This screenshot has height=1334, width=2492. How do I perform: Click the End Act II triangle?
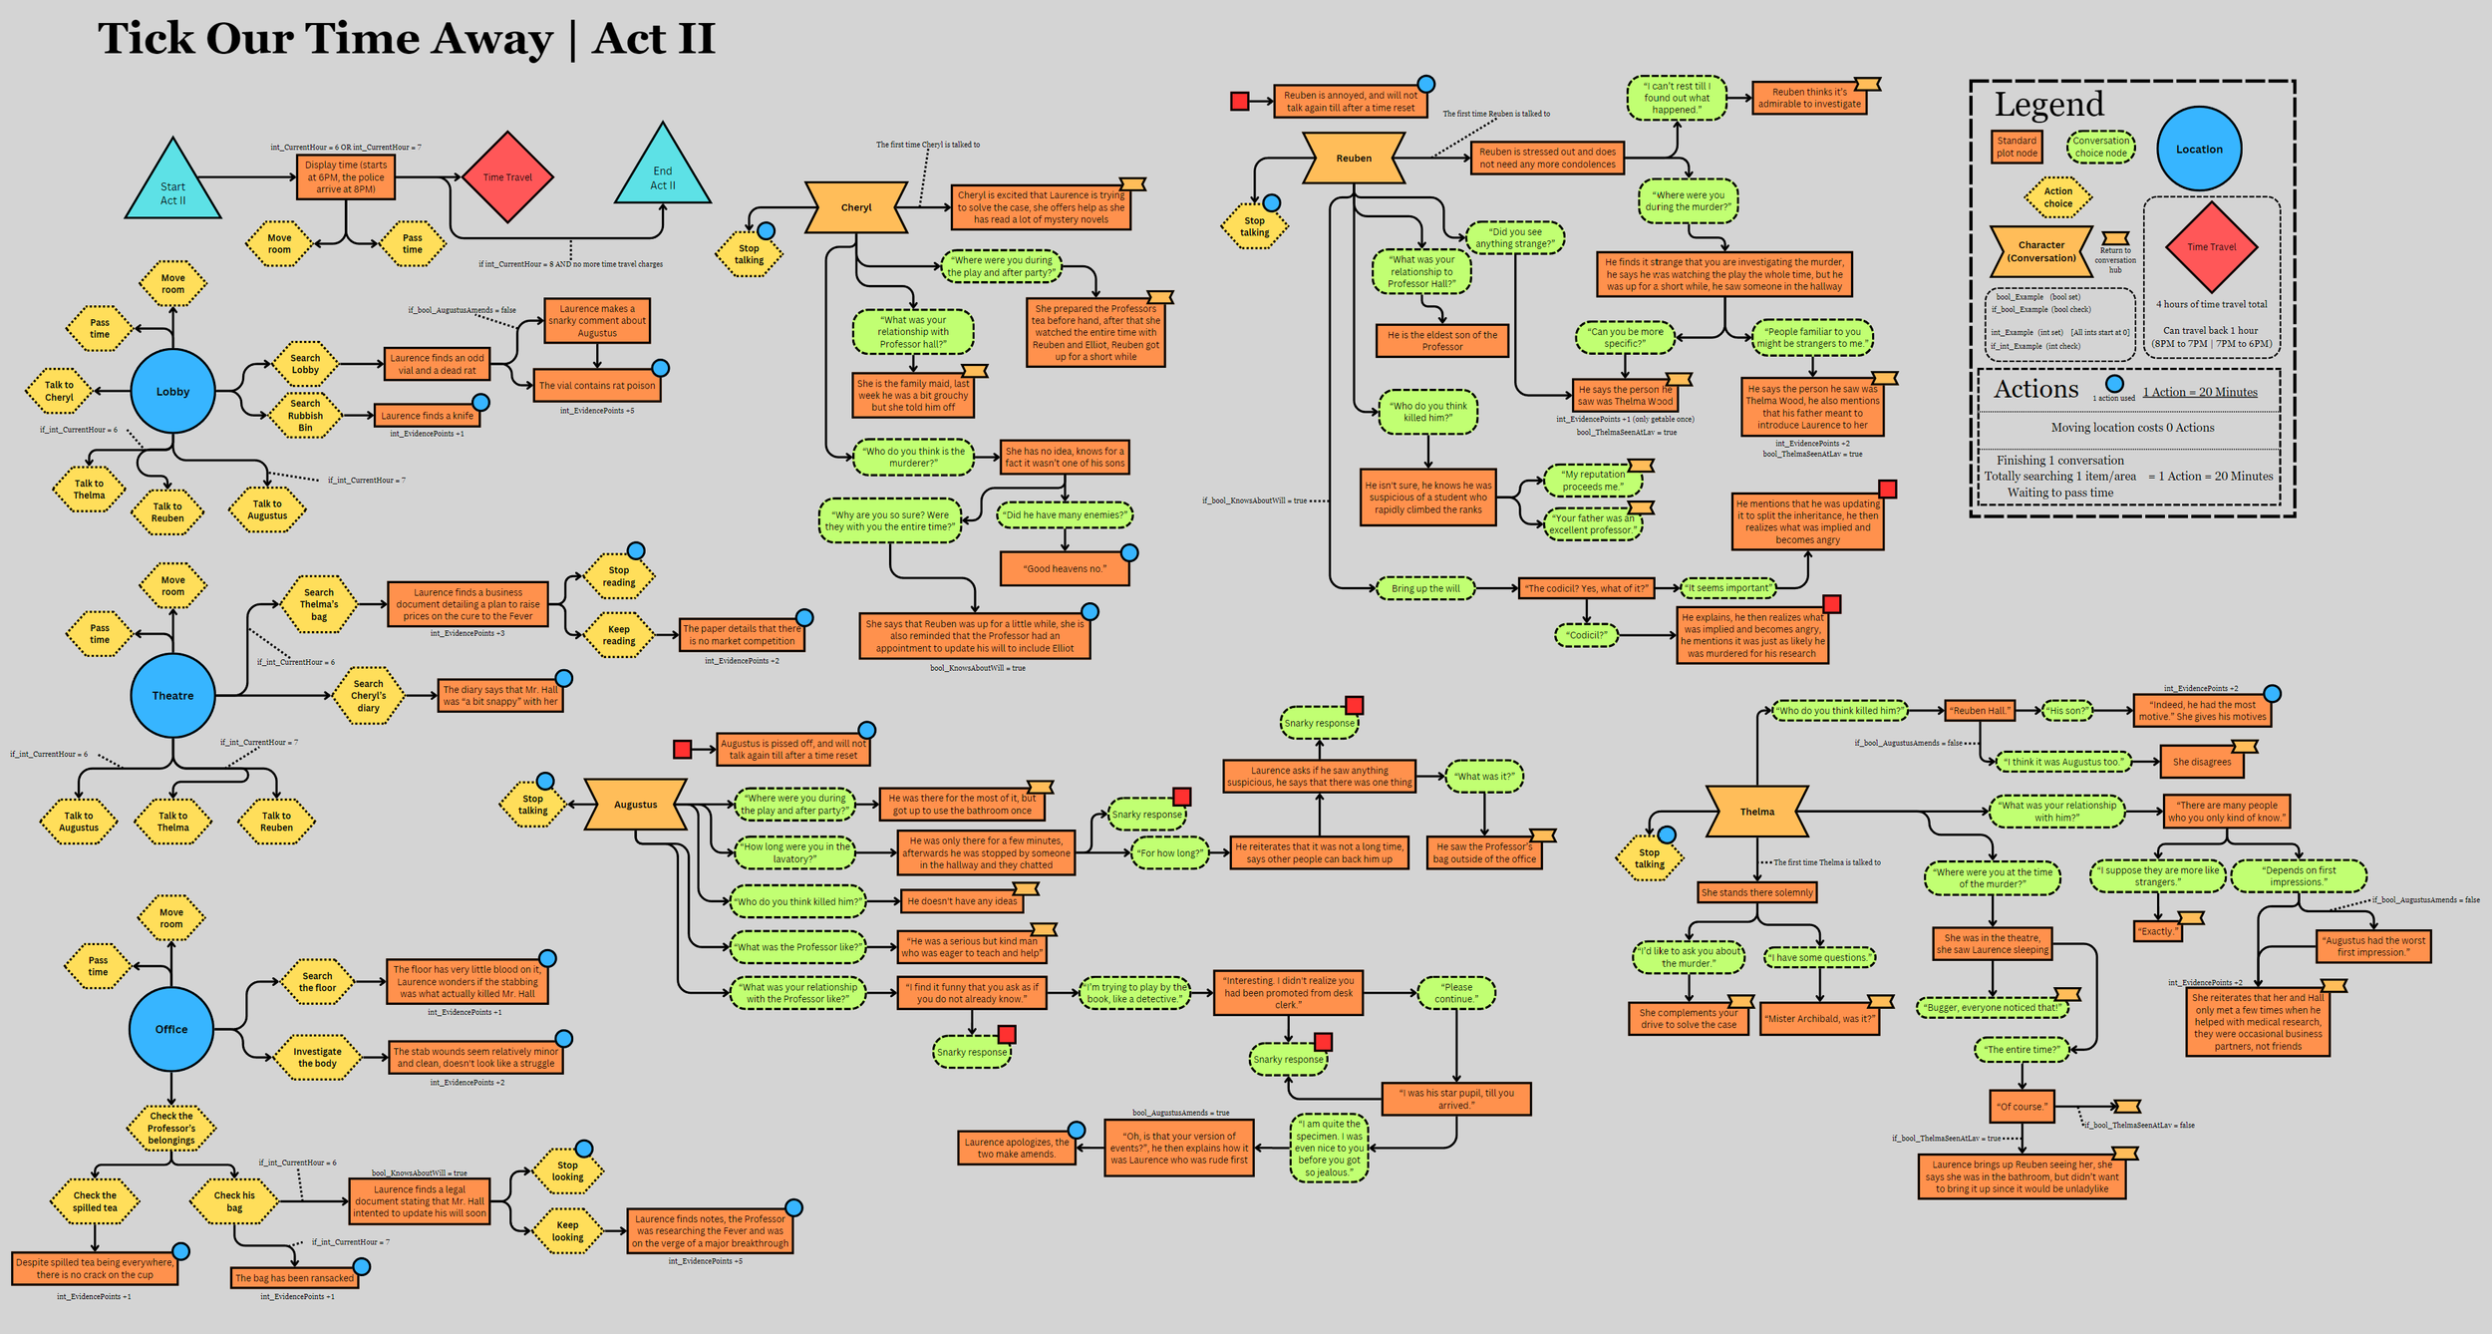pos(663,175)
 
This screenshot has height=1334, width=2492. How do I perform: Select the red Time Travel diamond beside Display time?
pos(507,177)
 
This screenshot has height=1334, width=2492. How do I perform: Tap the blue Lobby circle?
pos(172,392)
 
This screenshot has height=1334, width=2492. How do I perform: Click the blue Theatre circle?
pos(172,696)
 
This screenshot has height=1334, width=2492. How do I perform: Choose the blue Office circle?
pos(170,1029)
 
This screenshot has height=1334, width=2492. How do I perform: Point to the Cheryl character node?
pos(856,207)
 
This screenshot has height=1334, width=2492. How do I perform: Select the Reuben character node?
pos(1354,159)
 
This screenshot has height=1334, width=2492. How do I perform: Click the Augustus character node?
pos(635,805)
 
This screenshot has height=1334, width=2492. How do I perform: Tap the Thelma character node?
pos(1756,812)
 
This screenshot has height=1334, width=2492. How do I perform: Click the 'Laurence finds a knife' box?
pos(427,416)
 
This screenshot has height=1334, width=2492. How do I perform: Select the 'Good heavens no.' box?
pos(1065,568)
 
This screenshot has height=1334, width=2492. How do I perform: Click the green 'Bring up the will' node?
pos(1425,588)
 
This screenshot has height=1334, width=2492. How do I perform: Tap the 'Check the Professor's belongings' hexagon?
pos(171,1129)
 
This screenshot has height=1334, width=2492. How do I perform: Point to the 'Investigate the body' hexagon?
pos(317,1058)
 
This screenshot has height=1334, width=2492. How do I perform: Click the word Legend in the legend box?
pos(2048,105)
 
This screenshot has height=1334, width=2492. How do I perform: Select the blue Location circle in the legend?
pos(2199,150)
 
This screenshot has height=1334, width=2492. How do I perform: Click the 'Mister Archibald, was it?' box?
pos(1819,1018)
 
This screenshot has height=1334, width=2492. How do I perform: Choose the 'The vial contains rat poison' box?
pos(597,386)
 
